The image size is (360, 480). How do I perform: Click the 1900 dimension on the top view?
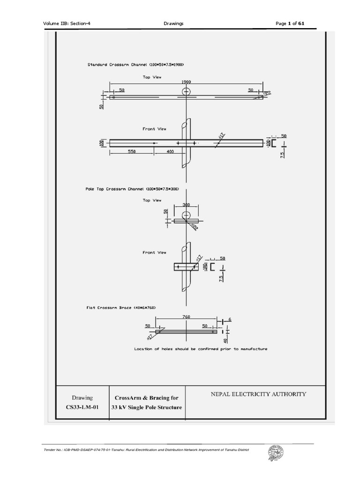187,82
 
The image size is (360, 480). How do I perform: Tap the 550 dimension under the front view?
131,152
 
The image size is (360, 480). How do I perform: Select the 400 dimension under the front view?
169,152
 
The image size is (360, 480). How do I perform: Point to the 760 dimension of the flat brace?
186,316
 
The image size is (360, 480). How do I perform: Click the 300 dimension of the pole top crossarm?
186,205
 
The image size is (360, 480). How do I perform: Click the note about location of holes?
201,349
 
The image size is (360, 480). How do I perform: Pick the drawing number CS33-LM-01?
82,407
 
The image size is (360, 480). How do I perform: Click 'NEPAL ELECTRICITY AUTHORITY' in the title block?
259,394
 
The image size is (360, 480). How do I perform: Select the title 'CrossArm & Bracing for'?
146,398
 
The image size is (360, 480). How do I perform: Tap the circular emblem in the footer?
275,454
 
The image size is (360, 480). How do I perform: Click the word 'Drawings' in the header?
173,23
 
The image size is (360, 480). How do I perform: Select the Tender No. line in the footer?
146,450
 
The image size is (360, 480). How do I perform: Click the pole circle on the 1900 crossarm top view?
187,91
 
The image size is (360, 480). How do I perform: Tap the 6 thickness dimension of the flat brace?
230,320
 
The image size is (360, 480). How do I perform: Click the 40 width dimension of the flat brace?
225,341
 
